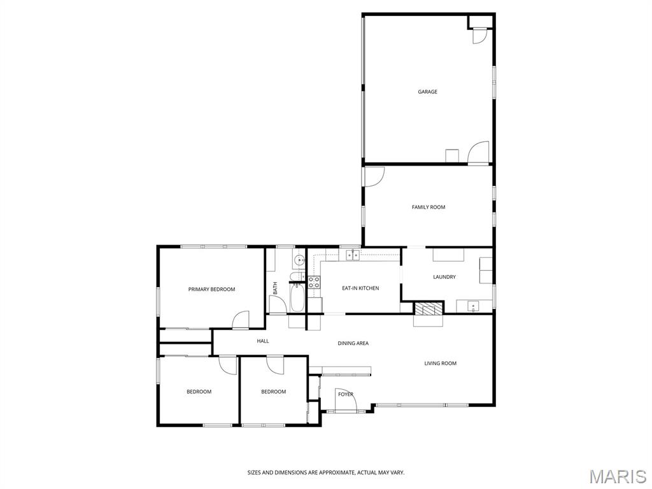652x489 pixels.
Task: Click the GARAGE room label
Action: pos(427,92)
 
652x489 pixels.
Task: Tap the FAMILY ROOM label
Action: pos(429,207)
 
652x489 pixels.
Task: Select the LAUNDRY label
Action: pos(444,277)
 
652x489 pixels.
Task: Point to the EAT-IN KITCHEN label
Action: pos(360,288)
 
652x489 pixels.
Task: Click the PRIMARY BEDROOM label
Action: pos(211,290)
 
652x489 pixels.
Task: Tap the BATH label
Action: pos(275,288)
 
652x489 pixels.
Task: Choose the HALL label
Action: pos(263,341)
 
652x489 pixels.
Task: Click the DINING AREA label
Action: pos(353,343)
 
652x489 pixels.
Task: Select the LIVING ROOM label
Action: pos(441,364)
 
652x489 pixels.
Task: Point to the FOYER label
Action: pos(346,394)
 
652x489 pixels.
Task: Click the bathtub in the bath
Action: pos(297,297)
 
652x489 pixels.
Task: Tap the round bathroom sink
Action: pos(299,260)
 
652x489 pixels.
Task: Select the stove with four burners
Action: pos(314,282)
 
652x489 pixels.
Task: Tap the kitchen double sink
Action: pos(353,255)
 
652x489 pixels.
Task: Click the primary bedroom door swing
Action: pos(240,320)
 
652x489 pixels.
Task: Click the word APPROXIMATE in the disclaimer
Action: pos(335,472)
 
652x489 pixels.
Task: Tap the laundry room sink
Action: pos(473,307)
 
